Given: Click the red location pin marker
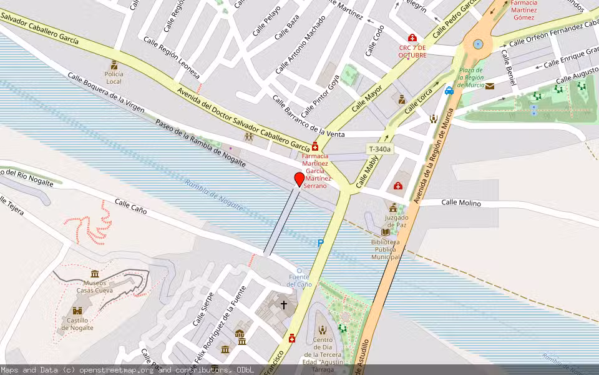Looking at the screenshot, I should coord(299,179).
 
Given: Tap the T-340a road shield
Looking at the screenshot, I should coord(379,149).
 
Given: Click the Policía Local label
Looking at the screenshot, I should coord(114,77).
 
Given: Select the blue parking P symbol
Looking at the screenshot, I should coord(321,243).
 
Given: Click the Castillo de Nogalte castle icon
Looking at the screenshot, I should coord(77,311).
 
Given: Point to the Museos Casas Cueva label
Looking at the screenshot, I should coord(94,286).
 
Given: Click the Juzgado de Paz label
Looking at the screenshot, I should coord(393,221).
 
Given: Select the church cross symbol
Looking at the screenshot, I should coord(284,305).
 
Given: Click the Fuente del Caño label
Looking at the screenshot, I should coord(299,281).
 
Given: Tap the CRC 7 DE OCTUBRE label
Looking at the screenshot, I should coord(412,51).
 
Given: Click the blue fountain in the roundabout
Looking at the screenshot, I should coord(478,44).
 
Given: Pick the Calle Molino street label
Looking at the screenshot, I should coord(461,202).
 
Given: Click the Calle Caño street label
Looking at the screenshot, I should coord(130,207).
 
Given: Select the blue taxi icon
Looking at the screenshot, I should coord(449,91).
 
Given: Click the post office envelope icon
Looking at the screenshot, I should coord(490,86).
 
